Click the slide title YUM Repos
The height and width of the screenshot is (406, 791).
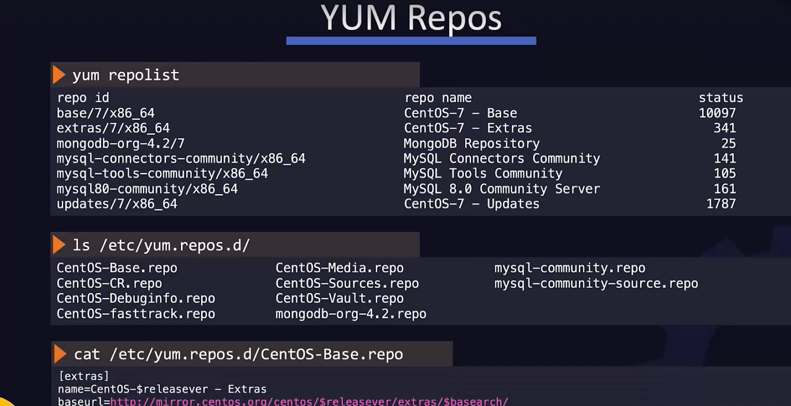pyautogui.click(x=411, y=18)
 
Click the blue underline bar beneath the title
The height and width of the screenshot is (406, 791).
pyautogui.click(x=411, y=41)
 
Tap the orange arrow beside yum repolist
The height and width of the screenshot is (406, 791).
pyautogui.click(x=59, y=75)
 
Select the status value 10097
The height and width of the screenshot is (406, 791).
pyautogui.click(x=717, y=113)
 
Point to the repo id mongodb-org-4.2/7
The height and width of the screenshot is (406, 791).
pyautogui.click(x=121, y=143)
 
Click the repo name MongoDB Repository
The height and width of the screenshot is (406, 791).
pyautogui.click(x=472, y=143)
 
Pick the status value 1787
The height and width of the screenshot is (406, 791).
pyautogui.click(x=721, y=204)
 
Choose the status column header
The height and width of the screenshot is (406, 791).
pyautogui.click(x=721, y=98)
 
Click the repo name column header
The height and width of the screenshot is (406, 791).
pyautogui.click(x=438, y=98)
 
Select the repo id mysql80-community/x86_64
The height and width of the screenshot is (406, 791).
pyautogui.click(x=147, y=189)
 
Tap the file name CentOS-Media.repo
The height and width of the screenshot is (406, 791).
pyautogui.click(x=340, y=268)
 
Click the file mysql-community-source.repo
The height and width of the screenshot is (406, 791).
pyautogui.click(x=596, y=283)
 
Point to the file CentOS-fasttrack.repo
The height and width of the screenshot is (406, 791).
pyautogui.click(x=136, y=314)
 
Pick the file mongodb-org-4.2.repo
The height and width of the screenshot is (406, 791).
pyautogui.click(x=351, y=314)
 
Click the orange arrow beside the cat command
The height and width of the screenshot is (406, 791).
pyautogui.click(x=60, y=354)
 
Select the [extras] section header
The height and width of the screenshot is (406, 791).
pyautogui.click(x=84, y=376)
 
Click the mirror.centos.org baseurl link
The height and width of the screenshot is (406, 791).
pyautogui.click(x=309, y=401)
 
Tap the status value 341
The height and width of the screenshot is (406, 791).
pyautogui.click(x=724, y=128)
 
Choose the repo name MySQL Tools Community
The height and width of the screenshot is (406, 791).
pyautogui.click(x=483, y=174)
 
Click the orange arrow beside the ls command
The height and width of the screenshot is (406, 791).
pyautogui.click(x=59, y=245)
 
